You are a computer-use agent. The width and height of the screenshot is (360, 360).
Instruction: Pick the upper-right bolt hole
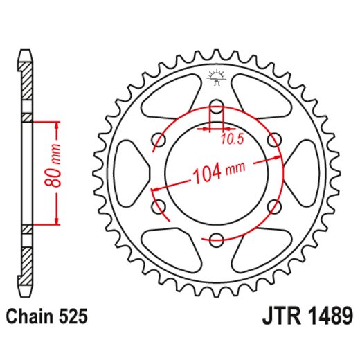(275, 140)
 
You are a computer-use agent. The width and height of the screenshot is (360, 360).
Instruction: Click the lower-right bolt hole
(275, 206)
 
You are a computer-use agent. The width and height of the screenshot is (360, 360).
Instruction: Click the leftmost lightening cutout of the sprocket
(132, 173)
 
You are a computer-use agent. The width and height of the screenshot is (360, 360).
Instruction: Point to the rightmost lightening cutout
(303, 173)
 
